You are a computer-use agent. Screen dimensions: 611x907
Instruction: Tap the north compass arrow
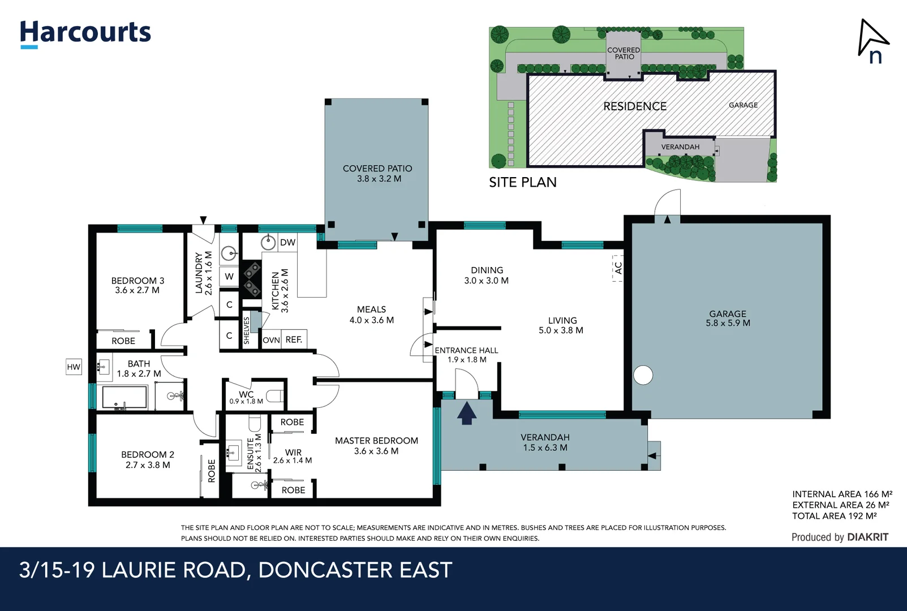pos(872,40)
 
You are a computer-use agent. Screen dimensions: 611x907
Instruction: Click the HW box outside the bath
pos(74,367)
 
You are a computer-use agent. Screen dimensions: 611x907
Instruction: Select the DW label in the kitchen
pos(287,243)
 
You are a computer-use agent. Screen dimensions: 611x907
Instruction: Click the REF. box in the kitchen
pos(294,339)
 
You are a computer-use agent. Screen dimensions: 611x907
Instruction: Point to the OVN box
pos(271,340)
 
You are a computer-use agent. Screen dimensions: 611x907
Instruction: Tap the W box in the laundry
pos(229,277)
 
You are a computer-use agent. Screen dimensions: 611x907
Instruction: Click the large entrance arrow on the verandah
pos(466,412)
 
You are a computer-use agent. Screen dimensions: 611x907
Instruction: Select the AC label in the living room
pos(618,268)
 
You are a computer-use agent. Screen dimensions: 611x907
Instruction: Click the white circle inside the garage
pos(643,375)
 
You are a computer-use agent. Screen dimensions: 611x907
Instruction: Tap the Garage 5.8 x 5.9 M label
pos(728,319)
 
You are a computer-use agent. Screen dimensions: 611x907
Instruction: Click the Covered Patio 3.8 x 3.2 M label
pos(377,173)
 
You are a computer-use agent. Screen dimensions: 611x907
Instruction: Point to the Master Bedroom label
pos(376,445)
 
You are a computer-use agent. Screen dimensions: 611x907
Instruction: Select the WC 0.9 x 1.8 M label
pos(246,397)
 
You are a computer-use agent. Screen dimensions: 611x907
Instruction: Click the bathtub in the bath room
pos(124,397)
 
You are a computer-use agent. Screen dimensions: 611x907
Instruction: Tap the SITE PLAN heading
pos(523,182)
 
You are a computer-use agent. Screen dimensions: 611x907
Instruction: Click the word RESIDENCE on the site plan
pos(635,106)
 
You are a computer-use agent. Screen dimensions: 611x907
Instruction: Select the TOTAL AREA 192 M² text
pos(834,516)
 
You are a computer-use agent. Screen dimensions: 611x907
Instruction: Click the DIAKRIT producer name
pos(867,537)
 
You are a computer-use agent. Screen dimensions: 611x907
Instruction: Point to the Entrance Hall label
pos(466,355)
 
